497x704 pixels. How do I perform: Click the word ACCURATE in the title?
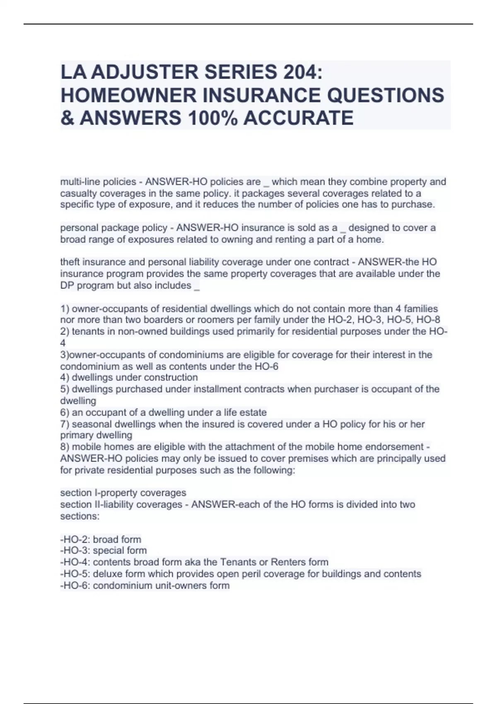[298, 118]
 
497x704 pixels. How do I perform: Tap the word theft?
[70, 262]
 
